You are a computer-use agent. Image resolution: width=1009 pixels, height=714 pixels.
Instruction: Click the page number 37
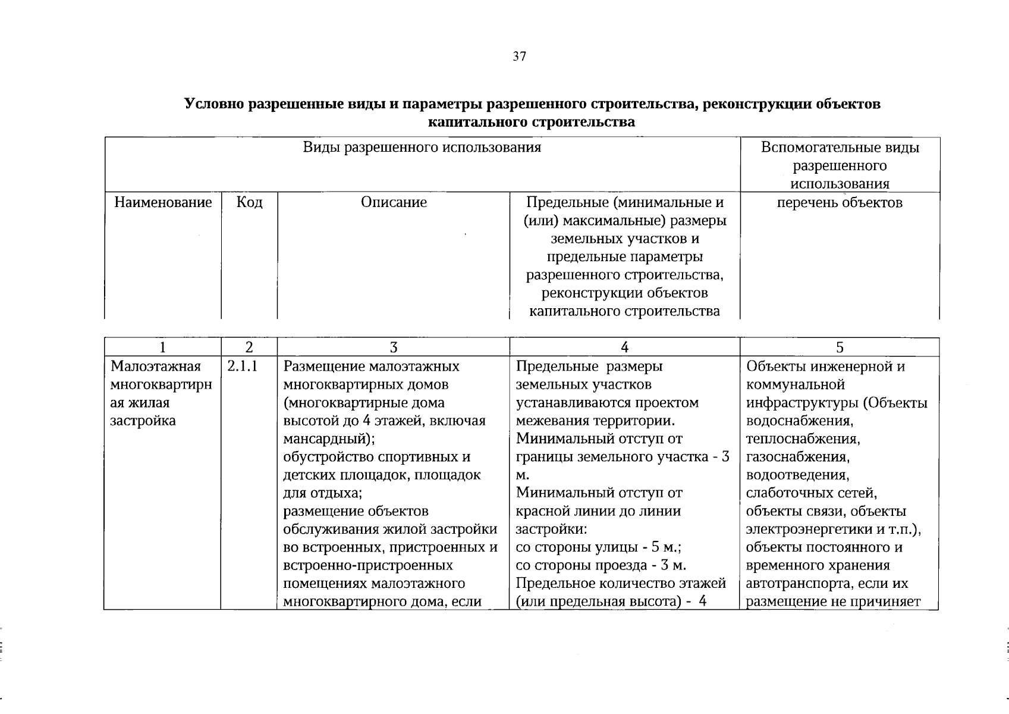518,57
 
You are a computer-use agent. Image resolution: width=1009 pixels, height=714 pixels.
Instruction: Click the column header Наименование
163,203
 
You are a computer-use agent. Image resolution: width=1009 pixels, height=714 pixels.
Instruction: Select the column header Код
249,203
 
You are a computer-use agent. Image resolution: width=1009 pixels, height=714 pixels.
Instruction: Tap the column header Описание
394,203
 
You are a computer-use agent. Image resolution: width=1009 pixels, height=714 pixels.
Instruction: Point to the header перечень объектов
840,203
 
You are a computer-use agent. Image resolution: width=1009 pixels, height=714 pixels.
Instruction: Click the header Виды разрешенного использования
422,148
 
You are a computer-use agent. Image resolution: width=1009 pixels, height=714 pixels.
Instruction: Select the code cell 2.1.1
242,367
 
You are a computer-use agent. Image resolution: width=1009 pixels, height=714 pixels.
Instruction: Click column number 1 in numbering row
163,347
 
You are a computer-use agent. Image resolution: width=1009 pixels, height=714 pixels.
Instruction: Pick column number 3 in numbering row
393,347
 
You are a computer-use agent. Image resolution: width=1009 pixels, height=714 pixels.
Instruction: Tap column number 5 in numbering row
840,347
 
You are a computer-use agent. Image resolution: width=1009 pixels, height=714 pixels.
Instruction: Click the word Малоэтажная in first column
156,367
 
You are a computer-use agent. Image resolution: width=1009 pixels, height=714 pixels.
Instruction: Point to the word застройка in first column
143,421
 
